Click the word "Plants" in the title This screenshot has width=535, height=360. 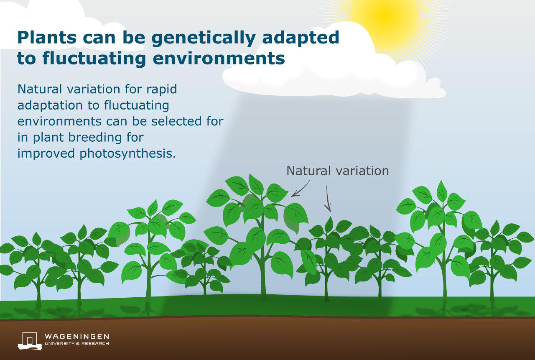(x=47, y=38)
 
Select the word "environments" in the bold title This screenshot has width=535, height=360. (x=219, y=59)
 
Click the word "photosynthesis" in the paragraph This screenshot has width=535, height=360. (x=128, y=154)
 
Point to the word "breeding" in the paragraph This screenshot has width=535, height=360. (x=95, y=138)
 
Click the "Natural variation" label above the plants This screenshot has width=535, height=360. (x=337, y=171)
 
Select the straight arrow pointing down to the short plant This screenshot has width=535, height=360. (x=328, y=199)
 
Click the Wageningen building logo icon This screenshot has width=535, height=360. (x=30, y=341)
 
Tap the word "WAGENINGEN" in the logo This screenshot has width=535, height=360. (x=77, y=337)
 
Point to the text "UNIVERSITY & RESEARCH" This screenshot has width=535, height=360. (x=77, y=344)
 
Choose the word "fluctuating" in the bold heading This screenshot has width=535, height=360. (x=94, y=59)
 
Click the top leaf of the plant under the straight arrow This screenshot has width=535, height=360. (x=329, y=225)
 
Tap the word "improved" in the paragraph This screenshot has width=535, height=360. (x=46, y=154)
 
